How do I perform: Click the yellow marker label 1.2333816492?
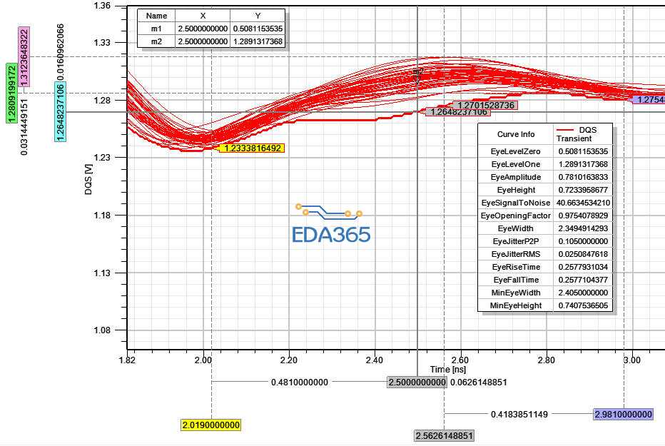(x=253, y=148)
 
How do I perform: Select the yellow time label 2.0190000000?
(x=210, y=425)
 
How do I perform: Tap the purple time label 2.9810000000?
(x=623, y=414)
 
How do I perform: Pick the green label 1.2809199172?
(x=11, y=92)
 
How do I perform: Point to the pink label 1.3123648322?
(x=24, y=57)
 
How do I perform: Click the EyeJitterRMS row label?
(x=515, y=254)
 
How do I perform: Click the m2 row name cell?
(x=156, y=41)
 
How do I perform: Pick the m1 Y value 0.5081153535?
(x=258, y=29)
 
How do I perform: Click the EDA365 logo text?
(x=331, y=234)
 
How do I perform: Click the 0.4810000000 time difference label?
(x=299, y=382)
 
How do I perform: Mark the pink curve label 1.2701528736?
(x=483, y=105)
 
